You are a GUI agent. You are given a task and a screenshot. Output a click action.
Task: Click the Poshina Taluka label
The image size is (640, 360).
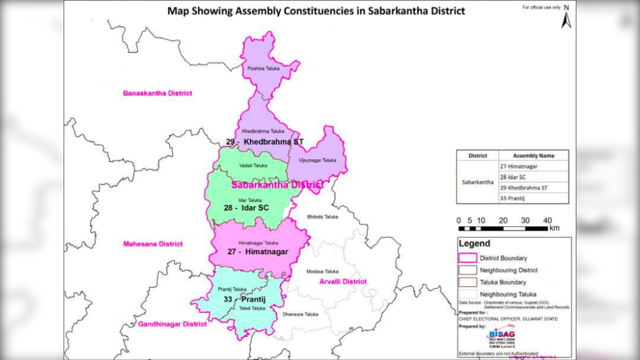[263, 68]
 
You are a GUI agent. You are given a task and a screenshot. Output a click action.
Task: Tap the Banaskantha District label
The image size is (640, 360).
[158, 93]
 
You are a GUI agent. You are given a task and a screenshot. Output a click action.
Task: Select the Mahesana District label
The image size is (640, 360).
[153, 244]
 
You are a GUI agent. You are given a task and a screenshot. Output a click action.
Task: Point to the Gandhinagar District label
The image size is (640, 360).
[173, 324]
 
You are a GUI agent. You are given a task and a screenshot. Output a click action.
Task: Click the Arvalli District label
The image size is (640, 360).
[343, 281]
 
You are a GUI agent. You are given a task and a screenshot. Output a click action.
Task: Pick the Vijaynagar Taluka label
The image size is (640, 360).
[317, 160]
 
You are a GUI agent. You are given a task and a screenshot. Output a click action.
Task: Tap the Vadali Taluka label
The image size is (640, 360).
[253, 165]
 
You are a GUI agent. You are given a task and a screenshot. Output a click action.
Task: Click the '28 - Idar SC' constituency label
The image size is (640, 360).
[246, 207]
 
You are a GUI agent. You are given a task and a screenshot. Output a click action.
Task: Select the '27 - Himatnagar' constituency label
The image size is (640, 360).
[258, 252]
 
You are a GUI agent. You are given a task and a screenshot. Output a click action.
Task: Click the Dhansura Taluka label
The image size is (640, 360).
[300, 314]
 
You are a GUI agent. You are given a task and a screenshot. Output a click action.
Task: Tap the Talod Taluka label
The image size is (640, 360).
[252, 308]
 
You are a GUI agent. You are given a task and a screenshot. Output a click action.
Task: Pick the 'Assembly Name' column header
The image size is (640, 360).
[533, 155]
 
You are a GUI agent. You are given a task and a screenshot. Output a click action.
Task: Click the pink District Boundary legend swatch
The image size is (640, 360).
[467, 258]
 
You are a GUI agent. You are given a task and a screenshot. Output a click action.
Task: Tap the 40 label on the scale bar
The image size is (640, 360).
[547, 220]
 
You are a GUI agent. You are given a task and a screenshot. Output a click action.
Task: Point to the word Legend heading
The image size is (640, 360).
[474, 244]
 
